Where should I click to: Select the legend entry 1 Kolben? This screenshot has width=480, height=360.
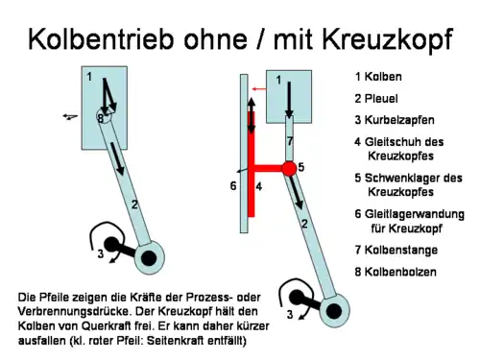[x=378, y=76]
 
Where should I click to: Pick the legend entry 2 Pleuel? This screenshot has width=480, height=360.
[x=376, y=98]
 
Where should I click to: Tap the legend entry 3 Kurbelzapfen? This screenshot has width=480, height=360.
[x=394, y=120]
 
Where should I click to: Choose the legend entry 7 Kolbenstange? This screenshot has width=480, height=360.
[x=396, y=251]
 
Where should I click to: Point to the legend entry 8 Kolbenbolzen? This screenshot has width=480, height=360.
[x=396, y=272]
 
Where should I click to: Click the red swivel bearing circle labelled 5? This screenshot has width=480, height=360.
[x=288, y=168]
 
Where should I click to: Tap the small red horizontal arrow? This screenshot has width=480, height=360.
[x=258, y=88]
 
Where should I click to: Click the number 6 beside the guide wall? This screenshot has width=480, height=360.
[x=232, y=185]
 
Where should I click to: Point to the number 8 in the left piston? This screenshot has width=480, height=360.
[x=100, y=117]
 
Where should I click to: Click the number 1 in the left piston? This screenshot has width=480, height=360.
[x=89, y=76]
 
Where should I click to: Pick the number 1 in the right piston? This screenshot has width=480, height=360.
[x=279, y=81]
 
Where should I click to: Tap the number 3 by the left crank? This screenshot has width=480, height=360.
[x=100, y=254]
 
